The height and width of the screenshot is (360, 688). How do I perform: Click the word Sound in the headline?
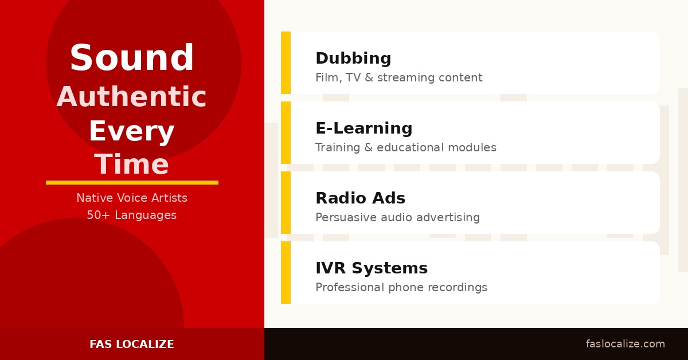click(x=132, y=57)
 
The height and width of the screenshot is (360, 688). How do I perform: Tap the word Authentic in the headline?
click(x=131, y=96)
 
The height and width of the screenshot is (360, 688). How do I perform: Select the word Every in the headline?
click(x=132, y=131)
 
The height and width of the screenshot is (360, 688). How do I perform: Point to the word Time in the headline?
click(x=132, y=164)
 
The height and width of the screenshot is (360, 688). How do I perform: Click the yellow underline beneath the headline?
click(x=132, y=182)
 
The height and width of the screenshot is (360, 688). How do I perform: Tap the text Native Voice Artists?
click(x=132, y=198)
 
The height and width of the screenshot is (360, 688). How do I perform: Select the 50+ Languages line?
click(x=132, y=215)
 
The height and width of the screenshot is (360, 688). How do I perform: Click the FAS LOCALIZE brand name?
click(x=132, y=344)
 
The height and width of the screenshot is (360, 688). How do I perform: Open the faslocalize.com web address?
click(x=626, y=344)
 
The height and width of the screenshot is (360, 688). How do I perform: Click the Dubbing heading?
click(x=353, y=58)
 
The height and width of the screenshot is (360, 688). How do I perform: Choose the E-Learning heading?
click(x=364, y=128)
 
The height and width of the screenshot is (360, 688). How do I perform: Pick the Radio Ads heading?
click(x=361, y=198)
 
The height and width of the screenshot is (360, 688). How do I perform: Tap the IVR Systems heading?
click(x=372, y=268)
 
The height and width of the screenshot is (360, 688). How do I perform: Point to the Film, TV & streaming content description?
click(x=399, y=77)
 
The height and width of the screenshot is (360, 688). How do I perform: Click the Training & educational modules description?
click(x=406, y=147)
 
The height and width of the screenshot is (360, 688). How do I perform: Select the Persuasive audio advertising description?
click(x=398, y=217)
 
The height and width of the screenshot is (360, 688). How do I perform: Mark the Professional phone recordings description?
click(x=401, y=288)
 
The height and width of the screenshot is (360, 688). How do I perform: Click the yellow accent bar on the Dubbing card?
click(x=286, y=62)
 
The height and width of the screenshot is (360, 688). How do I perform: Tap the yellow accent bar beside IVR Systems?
click(x=286, y=272)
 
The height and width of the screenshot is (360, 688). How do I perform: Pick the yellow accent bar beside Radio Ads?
click(x=286, y=202)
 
